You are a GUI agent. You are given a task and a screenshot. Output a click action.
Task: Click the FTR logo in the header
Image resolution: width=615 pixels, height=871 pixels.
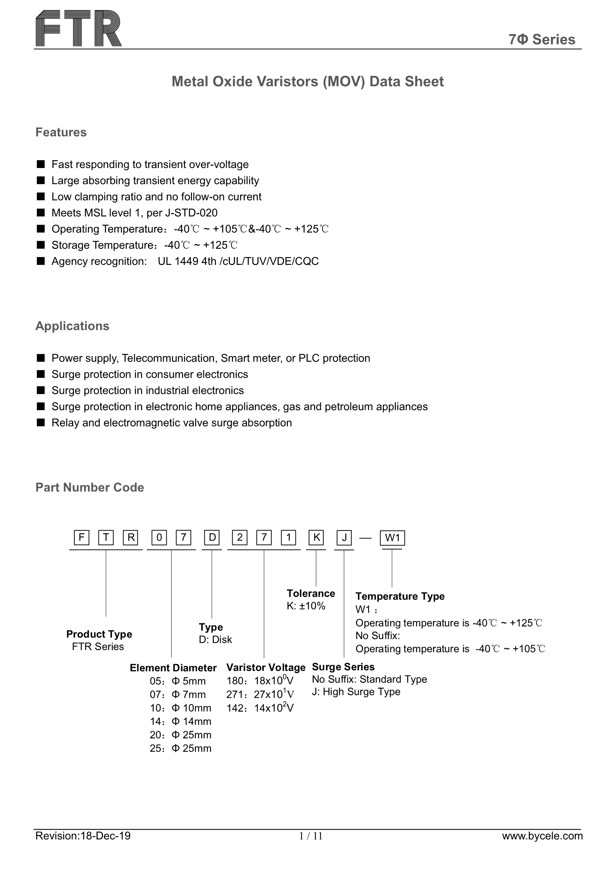[79, 28]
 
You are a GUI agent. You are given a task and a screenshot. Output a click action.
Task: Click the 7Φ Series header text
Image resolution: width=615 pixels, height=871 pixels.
[541, 39]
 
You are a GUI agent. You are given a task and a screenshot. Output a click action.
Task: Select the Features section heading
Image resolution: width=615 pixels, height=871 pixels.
[61, 132]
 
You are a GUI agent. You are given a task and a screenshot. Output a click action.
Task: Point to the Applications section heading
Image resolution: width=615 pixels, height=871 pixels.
[73, 326]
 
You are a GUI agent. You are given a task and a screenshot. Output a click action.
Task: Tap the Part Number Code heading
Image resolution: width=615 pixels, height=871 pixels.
[90, 488]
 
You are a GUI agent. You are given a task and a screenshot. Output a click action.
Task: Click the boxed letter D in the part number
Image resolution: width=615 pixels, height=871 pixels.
[212, 538]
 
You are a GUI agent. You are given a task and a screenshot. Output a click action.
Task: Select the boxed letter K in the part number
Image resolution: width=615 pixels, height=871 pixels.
[316, 538]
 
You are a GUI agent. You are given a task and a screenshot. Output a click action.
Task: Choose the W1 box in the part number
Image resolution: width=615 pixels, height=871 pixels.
[392, 538]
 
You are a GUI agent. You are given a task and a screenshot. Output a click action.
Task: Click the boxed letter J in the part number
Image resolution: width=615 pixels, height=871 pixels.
[344, 538]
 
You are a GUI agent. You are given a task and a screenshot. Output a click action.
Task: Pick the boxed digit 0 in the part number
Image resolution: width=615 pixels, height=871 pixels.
[159, 538]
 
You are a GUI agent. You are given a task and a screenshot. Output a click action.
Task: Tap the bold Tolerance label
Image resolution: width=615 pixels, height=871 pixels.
[311, 593]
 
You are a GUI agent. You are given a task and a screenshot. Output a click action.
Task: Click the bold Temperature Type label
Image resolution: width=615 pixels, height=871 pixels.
[400, 596]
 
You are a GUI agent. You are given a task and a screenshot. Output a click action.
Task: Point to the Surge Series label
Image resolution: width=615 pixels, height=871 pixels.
[343, 667]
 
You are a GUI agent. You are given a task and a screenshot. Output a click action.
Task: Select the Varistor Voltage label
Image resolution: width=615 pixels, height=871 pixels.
[266, 667]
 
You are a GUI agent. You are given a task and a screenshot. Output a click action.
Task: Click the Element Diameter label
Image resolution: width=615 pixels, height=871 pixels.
[173, 668]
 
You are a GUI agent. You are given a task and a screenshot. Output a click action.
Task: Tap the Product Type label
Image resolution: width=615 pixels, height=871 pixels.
[99, 634]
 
